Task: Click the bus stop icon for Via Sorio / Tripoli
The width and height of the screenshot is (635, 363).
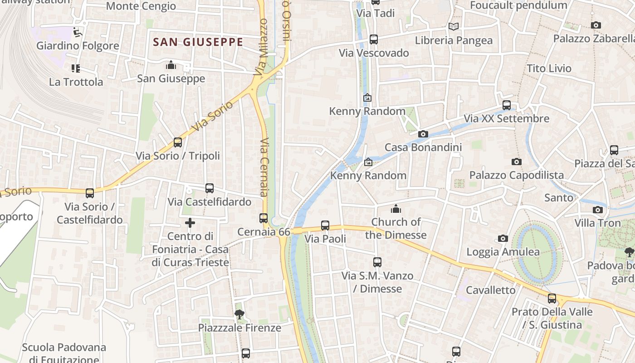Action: point(178,142)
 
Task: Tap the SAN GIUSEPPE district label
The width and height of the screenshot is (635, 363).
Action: point(198,42)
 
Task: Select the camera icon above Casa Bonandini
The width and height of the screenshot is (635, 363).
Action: point(423,134)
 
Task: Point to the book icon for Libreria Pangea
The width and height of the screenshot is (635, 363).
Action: point(454,27)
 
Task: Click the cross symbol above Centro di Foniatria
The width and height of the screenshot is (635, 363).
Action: point(190,223)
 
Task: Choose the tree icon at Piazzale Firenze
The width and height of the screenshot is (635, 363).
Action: point(239,314)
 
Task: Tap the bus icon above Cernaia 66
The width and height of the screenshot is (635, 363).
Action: point(264,218)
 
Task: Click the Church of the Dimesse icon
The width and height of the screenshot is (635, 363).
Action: point(396,209)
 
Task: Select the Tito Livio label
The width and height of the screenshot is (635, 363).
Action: point(549,69)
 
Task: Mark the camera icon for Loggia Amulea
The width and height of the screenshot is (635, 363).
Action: point(503,238)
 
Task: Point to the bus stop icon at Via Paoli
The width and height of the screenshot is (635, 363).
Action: point(325,225)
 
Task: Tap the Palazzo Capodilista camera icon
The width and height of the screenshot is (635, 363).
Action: point(516,162)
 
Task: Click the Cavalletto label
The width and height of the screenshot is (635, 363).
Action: point(491,290)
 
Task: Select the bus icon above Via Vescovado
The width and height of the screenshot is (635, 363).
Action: point(373,39)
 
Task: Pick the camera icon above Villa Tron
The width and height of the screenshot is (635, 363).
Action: point(598,210)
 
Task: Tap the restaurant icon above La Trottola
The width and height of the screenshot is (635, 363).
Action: point(76,69)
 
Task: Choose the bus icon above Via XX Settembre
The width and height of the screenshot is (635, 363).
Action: point(507,105)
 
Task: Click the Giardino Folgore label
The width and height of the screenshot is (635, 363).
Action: point(78,46)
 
